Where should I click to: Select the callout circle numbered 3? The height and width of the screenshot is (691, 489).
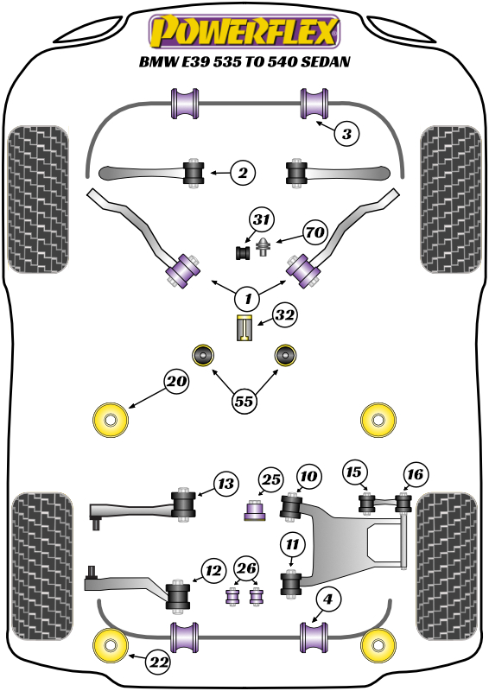pos(346,134)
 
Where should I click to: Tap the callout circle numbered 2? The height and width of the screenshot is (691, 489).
pos(243,174)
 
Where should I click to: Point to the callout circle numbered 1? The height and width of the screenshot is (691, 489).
pos(247,298)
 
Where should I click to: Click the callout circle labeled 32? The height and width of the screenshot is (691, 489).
pos(285,316)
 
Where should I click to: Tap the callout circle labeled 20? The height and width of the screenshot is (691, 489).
pos(176,380)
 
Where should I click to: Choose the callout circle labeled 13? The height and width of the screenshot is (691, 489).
pos(225,484)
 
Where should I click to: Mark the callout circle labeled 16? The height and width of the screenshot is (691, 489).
pos(415,473)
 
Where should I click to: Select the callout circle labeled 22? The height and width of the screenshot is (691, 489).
pos(157,662)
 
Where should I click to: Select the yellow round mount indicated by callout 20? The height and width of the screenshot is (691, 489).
pos(110,419)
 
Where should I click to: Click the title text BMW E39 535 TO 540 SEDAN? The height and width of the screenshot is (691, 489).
pos(244,63)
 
